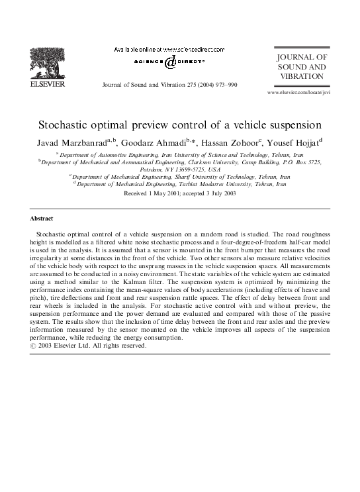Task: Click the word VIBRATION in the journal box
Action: (302, 77)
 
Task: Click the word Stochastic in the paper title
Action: (70, 124)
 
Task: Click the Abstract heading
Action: (42, 218)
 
